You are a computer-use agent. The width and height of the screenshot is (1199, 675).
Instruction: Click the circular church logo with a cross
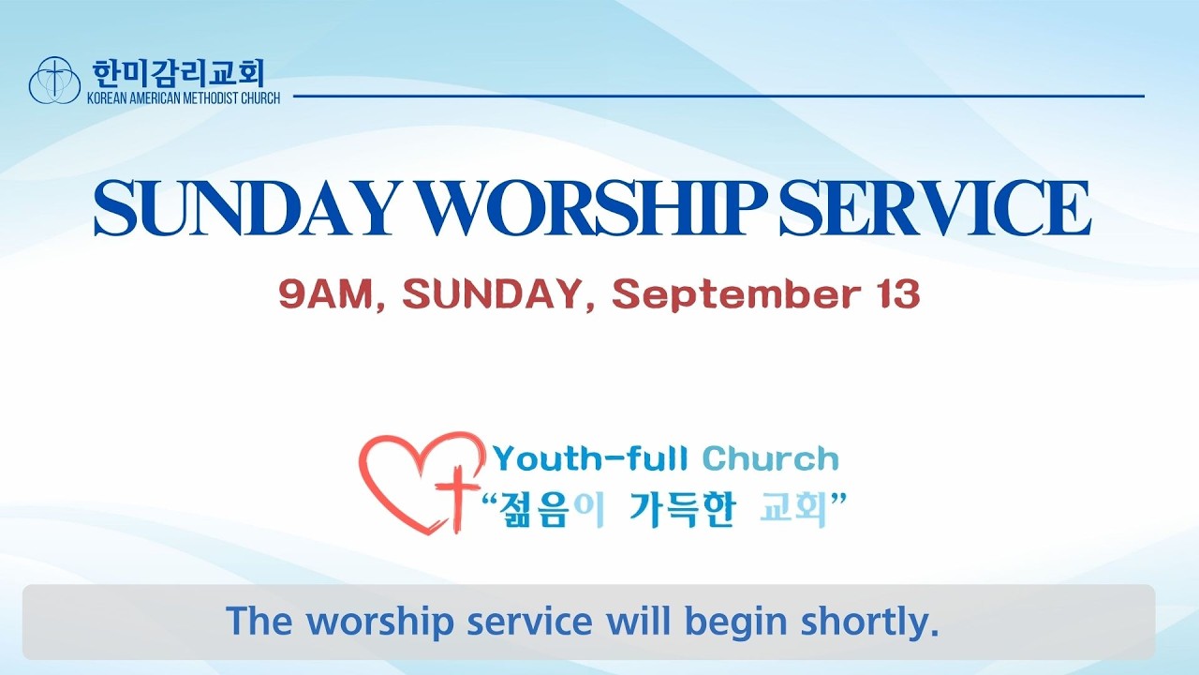click(54, 81)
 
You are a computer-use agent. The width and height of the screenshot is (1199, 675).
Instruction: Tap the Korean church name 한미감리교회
click(179, 73)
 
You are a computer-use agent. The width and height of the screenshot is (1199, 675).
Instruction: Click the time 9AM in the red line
click(325, 294)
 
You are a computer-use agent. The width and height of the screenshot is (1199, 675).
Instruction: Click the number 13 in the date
click(897, 294)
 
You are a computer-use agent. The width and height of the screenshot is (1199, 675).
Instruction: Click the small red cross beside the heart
click(456, 498)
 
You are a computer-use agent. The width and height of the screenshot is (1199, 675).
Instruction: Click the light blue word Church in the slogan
click(770, 459)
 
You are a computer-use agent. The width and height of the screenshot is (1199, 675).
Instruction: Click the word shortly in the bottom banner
click(869, 622)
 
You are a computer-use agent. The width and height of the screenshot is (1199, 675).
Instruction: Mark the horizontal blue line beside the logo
click(718, 97)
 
